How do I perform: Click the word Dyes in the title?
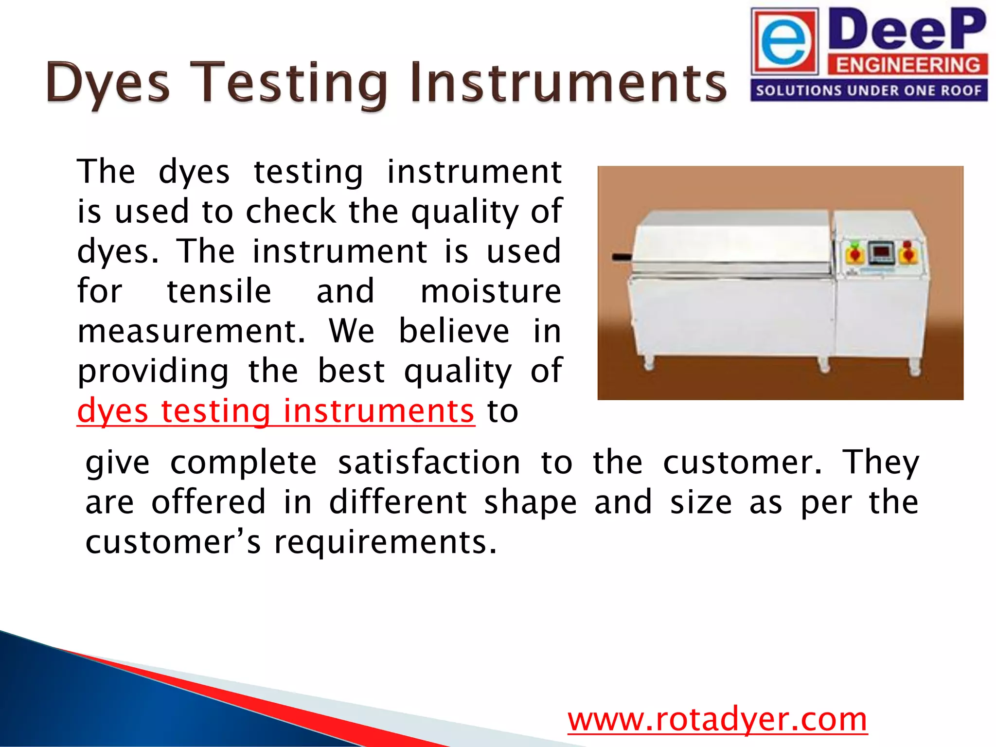[108, 83]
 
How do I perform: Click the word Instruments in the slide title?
[568, 83]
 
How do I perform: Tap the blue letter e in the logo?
[783, 42]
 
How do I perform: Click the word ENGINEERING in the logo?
[907, 65]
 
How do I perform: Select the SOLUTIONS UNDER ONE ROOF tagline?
[869, 91]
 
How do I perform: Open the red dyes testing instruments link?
[275, 411]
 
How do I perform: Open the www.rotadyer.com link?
[717, 720]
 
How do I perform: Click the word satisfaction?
[429, 462]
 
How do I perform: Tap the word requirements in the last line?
[385, 542]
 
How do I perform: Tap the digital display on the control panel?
[881, 253]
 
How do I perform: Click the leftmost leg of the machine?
[649, 363]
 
